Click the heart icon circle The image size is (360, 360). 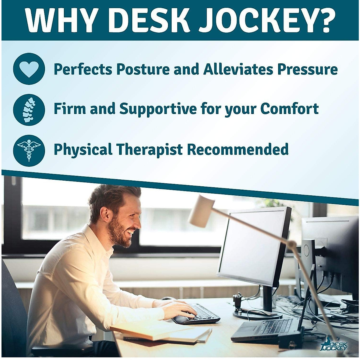29,69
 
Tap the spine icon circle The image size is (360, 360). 29,109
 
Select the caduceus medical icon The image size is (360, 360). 29,150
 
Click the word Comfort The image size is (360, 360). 289,109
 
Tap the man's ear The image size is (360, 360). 105,214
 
